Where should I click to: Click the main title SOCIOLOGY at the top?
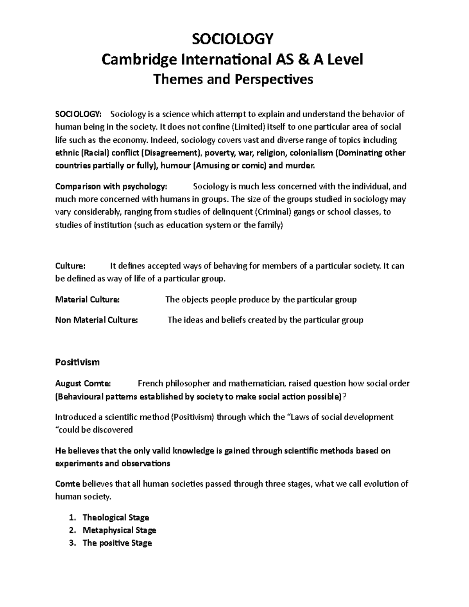(x=232, y=39)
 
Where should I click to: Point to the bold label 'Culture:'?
(x=70, y=266)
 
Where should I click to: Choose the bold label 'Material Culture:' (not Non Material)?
(x=87, y=300)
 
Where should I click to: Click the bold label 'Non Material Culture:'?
(x=97, y=320)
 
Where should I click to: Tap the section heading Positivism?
(x=77, y=362)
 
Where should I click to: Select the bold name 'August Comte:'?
(x=83, y=383)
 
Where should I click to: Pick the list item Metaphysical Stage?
(x=119, y=530)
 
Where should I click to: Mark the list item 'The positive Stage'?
(x=117, y=543)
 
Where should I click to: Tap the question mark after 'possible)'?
(x=344, y=397)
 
